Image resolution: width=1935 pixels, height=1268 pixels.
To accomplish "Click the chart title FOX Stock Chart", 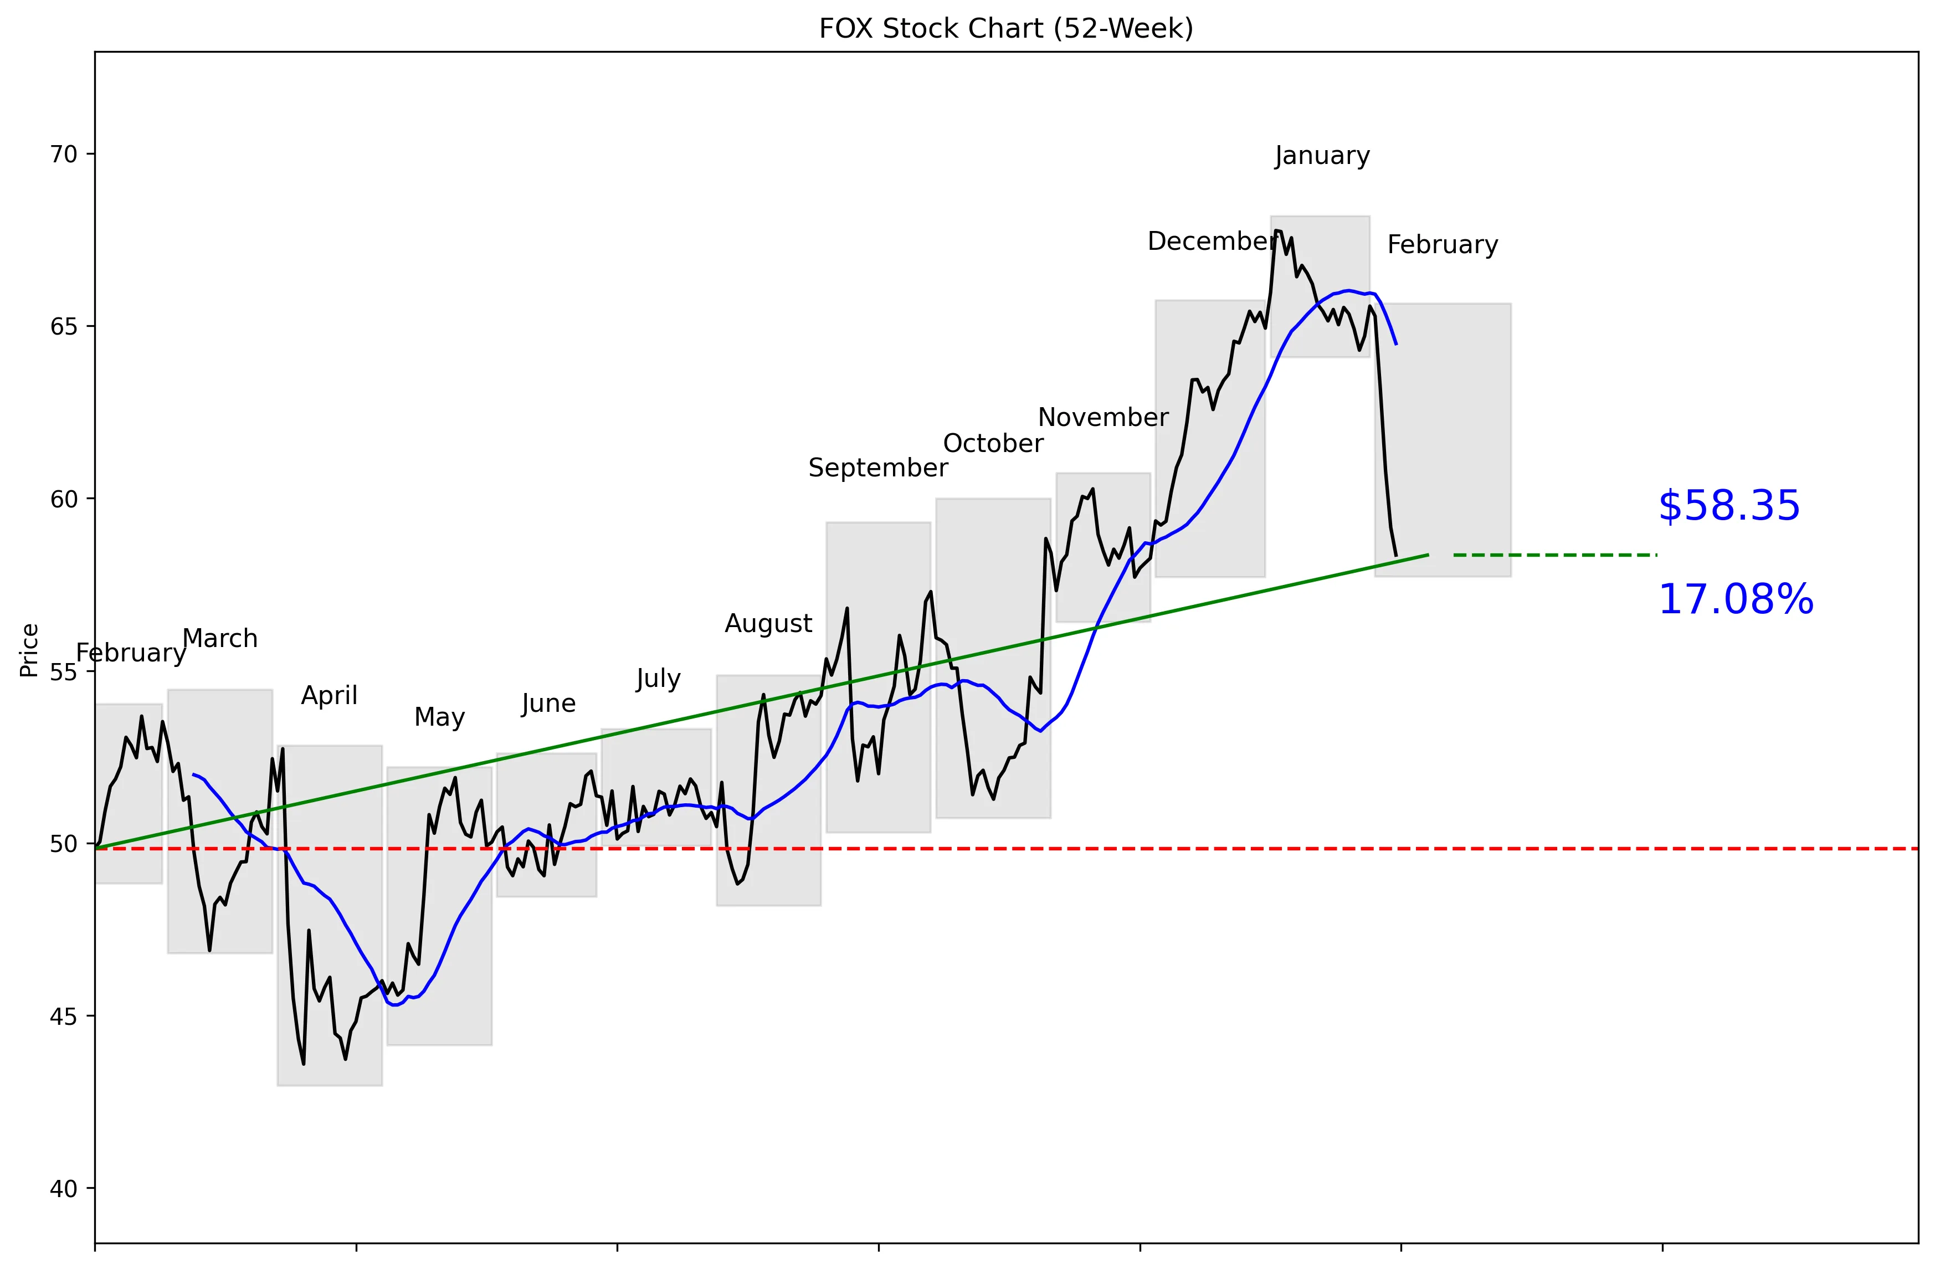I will (1005, 28).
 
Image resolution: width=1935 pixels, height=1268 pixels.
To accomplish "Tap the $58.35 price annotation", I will (1728, 506).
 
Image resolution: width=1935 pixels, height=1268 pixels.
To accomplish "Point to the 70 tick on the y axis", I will (63, 155).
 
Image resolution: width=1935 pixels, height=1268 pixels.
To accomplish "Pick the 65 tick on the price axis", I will (63, 327).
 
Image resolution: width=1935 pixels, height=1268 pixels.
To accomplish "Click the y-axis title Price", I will (29, 650).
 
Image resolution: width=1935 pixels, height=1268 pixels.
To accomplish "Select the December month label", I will (1210, 242).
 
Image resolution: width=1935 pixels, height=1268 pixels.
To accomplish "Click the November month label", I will (1103, 417).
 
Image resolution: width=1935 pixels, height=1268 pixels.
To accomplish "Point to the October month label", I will (993, 443).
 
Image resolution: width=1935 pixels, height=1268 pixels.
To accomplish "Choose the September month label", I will (878, 468).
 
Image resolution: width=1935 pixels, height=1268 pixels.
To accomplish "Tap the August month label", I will (768, 623).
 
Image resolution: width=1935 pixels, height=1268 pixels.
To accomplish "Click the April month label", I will (329, 696).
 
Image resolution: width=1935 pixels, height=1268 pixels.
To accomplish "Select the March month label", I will (220, 639).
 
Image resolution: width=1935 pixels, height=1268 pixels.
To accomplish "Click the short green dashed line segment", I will (1554, 555).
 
